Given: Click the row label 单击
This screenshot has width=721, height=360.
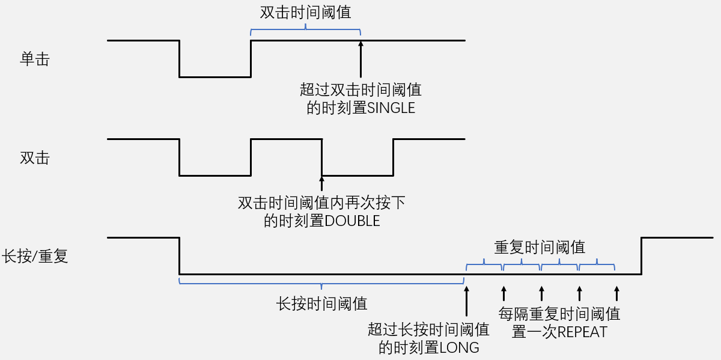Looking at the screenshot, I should [x=34, y=60].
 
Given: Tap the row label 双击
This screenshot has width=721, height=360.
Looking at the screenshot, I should [x=34, y=158].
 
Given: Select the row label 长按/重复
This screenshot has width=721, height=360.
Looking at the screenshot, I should [x=35, y=257].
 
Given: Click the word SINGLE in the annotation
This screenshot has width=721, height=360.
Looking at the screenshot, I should [x=391, y=108].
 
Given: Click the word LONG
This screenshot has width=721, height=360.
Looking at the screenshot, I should [x=460, y=347].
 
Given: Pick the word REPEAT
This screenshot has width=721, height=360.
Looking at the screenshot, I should [x=582, y=332].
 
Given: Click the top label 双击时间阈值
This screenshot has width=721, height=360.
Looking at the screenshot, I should [x=305, y=13].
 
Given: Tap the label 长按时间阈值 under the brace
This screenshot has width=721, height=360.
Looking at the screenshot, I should [x=321, y=304].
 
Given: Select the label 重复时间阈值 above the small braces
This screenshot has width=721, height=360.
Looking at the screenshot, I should [x=540, y=247].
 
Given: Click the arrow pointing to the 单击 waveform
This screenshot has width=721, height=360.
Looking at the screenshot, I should [x=360, y=59].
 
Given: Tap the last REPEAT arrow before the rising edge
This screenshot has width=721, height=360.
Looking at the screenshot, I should [x=616, y=294].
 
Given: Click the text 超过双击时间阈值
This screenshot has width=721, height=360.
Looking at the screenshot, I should [x=360, y=91].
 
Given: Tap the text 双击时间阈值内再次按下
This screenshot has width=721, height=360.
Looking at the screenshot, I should [x=321, y=203].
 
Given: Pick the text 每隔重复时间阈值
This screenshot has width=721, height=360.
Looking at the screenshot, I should [x=559, y=314].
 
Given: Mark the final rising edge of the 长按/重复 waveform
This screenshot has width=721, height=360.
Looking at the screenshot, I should [x=642, y=256].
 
